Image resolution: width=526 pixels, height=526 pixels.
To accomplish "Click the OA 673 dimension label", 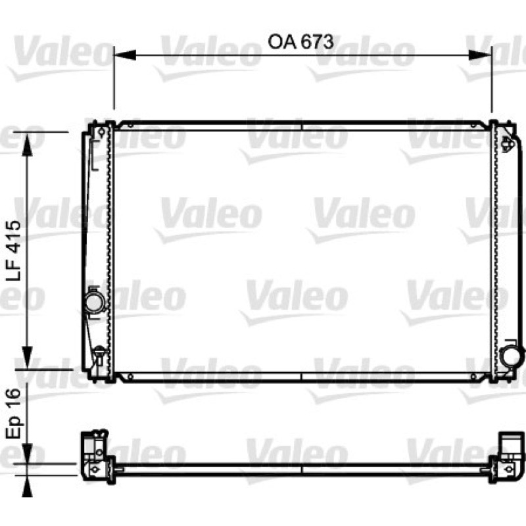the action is pos(300,42).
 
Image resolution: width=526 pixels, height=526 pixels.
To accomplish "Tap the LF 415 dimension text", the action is pos(14,251).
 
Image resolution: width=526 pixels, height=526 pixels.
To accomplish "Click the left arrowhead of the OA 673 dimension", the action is pos(125,55).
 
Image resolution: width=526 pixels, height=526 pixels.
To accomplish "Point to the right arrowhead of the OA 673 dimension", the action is pos(481,55).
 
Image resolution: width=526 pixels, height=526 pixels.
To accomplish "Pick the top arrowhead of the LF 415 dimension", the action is pos(27,143).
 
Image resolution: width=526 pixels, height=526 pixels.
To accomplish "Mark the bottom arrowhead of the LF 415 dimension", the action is pos(27,358).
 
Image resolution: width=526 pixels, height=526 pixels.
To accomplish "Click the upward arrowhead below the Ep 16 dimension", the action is pos(27,486).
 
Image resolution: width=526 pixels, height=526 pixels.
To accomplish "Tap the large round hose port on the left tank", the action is pos(94,302).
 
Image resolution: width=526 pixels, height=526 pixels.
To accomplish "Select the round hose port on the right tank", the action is pos(511,356).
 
